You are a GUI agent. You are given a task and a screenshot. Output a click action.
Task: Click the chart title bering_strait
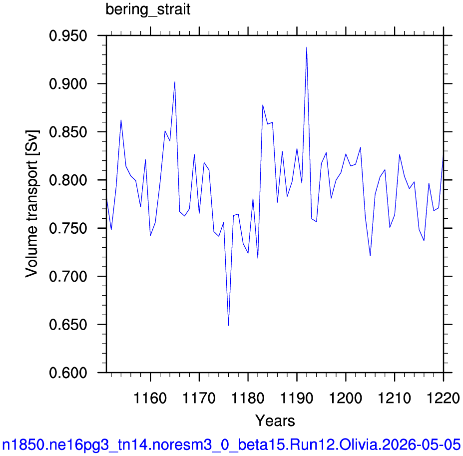coord(148,10)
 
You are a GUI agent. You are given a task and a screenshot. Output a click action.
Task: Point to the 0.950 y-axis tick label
coord(68,36)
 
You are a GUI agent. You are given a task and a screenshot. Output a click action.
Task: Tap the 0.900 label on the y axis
coord(68,84)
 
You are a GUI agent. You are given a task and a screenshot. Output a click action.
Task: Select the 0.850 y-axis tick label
coord(68,132)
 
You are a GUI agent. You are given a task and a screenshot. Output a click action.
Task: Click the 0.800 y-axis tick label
coord(68,180)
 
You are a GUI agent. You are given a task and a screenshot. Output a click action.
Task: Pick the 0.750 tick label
coord(68,229)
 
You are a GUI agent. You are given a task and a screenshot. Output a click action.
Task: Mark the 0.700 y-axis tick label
coord(68,277)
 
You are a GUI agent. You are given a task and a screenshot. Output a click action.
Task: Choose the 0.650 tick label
coord(68,325)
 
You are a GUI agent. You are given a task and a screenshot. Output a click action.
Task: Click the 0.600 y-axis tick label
coord(68,373)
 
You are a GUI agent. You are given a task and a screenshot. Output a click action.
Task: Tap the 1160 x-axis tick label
coord(150,398)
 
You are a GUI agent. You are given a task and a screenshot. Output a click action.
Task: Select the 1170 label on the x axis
coord(199,398)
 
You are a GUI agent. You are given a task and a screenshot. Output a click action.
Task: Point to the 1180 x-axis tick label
coord(248,398)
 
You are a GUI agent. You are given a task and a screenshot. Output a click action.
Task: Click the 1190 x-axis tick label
coord(297,398)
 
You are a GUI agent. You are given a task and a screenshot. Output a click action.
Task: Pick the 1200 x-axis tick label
coord(346,398)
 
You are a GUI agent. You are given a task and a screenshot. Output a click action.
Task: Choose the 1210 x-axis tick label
coord(394,398)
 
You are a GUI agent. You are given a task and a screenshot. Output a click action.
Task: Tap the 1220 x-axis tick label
coord(443,398)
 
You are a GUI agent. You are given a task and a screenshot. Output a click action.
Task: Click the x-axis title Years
coord(275,421)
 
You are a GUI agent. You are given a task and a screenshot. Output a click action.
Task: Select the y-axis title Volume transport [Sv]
coord(32,203)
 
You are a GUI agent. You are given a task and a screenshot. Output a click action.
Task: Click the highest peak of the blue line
coord(307,47)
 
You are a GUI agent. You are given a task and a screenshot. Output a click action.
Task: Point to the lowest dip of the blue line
coord(229,325)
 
